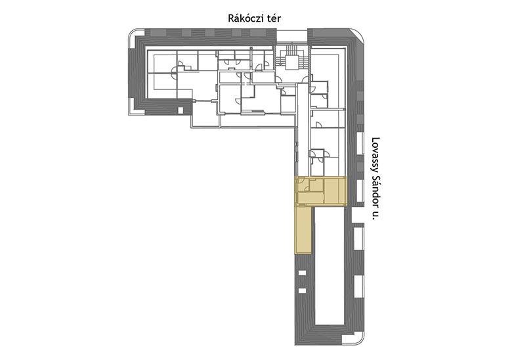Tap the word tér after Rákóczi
coord(274,18)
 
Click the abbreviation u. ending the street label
coord(375,214)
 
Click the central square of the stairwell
coord(291,62)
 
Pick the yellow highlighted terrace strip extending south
coord(303,230)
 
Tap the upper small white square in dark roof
coord(303,273)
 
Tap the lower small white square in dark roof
coord(303,290)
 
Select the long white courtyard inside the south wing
coord(330,267)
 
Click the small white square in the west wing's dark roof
coord(181,110)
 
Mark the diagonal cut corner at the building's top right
coord(356,36)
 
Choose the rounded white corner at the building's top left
coord(136,36)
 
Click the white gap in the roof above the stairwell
coord(292,35)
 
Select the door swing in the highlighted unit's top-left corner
coord(301,181)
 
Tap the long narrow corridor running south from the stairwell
coord(303,129)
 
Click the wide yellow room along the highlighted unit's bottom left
coord(311,198)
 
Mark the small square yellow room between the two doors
coord(316,185)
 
